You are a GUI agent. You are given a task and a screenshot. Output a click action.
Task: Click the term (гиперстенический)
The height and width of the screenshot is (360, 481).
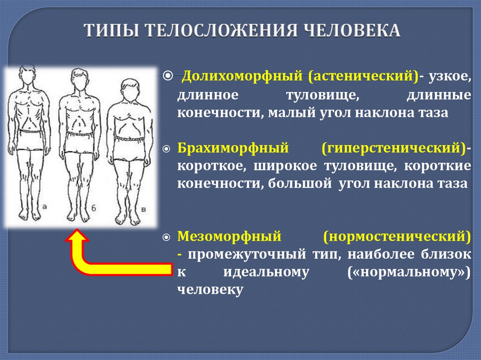pyautogui.click(x=394, y=148)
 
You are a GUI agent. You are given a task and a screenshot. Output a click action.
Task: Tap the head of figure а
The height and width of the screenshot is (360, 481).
pyautogui.click(x=27, y=76)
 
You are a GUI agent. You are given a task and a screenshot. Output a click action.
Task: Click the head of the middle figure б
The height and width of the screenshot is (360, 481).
pyautogui.click(x=79, y=80)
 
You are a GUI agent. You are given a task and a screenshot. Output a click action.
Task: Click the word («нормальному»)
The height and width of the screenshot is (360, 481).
pyautogui.click(x=409, y=272)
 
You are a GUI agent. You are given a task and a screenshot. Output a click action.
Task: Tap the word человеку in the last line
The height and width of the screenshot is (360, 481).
pyautogui.click(x=210, y=290)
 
